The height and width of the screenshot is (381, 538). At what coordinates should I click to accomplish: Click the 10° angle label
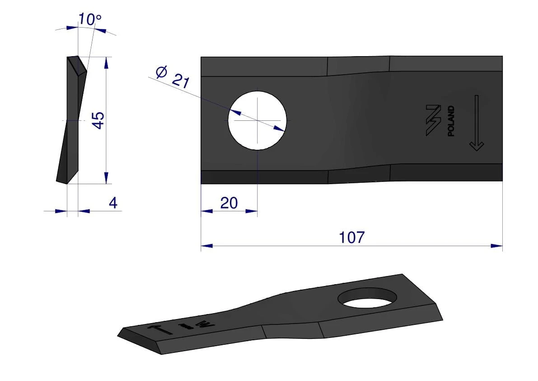pyautogui.click(x=90, y=19)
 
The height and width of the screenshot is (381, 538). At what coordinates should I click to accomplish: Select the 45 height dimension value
pyautogui.click(x=98, y=120)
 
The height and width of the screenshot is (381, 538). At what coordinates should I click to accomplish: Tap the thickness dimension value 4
pyautogui.click(x=113, y=203)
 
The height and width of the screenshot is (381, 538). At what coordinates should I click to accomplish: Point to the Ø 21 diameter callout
pyautogui.click(x=173, y=77)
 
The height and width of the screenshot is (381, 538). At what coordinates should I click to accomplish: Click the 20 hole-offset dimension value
pyautogui.click(x=229, y=203)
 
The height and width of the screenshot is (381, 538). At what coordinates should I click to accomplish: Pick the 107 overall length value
pyautogui.click(x=352, y=238)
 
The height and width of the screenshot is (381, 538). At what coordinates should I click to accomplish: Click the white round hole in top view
pyautogui.click(x=257, y=120)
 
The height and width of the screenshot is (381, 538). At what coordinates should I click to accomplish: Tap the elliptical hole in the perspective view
pyautogui.click(x=367, y=298)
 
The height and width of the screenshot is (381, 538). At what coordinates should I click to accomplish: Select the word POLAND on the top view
pyautogui.click(x=451, y=121)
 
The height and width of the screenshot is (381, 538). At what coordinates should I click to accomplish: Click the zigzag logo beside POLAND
pyautogui.click(x=433, y=120)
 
